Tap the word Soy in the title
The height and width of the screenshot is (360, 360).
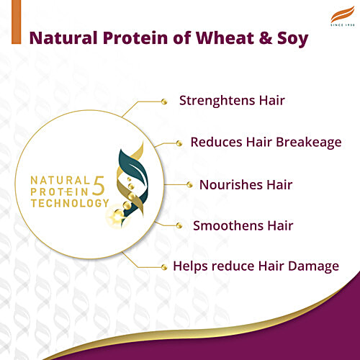[x=296, y=37]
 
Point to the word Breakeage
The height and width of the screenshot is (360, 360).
[x=307, y=142]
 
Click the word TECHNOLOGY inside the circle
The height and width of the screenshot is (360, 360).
[x=66, y=203]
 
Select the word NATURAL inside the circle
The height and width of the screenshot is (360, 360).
[x=60, y=179]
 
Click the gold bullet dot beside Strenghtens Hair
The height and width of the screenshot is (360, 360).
[x=164, y=101]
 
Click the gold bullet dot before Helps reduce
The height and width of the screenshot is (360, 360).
[x=164, y=266]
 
